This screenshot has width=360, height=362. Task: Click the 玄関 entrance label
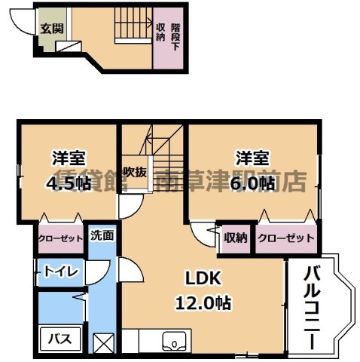coord(52,29)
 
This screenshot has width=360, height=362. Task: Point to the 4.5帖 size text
coord(68,183)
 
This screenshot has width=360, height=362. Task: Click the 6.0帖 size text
coord(252,183)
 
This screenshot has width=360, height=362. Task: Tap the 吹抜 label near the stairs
coord(135,171)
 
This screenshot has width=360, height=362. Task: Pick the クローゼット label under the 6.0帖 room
coord(285,238)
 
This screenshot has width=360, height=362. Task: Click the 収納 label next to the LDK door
coord(235,238)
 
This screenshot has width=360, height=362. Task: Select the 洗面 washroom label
coord(102,235)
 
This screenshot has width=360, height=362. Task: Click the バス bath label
coord(60,339)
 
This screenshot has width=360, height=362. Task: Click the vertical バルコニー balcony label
coord(310,310)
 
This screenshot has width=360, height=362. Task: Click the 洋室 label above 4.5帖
coord(68,159)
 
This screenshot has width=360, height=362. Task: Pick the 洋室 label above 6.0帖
coord(252,159)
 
